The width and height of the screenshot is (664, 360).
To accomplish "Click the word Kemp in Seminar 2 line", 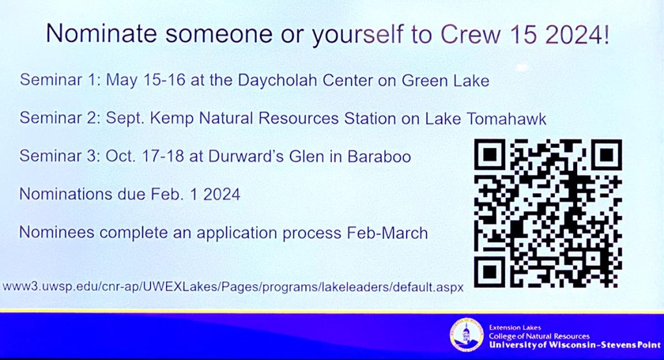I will click(x=187, y=119).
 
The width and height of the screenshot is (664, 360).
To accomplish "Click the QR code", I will click(x=548, y=213).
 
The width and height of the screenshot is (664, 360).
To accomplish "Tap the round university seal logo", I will click(x=468, y=335).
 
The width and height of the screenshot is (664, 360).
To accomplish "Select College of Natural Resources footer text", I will click(x=539, y=336).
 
